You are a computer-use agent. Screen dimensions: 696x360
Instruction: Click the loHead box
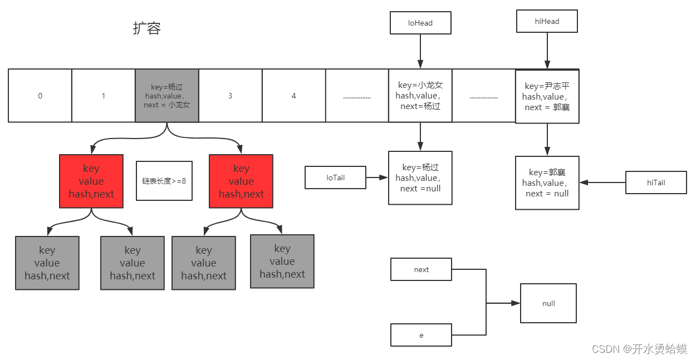coord(420,23)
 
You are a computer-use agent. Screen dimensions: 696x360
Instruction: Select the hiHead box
coord(547,21)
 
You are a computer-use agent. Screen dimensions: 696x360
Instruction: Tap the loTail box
coord(335,177)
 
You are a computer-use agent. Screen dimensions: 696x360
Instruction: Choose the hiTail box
coord(656,183)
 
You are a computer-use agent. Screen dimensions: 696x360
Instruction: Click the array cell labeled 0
coord(40,96)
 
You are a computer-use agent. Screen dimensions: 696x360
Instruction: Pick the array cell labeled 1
coord(104,96)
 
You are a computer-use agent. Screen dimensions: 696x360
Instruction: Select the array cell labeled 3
coord(231,96)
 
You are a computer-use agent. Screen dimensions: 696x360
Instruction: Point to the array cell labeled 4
coord(293,96)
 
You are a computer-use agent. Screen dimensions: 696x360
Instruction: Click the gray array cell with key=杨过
coord(167,96)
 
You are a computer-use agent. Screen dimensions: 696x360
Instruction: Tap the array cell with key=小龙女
coord(420,96)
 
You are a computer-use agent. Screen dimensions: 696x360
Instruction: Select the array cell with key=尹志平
coord(547,96)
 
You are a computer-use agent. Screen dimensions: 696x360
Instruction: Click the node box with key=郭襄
coord(547,183)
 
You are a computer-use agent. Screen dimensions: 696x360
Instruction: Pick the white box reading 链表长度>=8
coord(164,180)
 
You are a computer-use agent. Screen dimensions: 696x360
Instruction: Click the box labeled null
coord(548,303)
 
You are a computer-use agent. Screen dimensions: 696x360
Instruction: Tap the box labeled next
coord(421,269)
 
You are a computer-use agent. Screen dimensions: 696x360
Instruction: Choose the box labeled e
coord(421,335)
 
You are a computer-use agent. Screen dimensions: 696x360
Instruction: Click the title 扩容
coord(146,28)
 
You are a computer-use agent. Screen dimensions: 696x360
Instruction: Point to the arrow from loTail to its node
coord(377,177)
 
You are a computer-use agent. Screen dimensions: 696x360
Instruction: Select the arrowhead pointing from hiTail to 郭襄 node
coord(584,183)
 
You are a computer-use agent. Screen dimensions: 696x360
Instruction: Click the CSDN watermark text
coord(639,349)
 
